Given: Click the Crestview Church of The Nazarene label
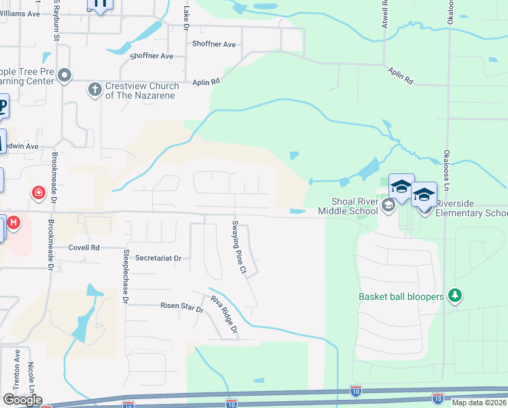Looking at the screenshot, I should click(x=142, y=91).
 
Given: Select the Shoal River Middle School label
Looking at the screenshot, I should click(x=354, y=206).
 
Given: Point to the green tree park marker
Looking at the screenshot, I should click(x=455, y=296).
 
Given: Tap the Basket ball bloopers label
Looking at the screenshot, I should click(x=401, y=296).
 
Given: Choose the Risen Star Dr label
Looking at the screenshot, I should click(x=181, y=307).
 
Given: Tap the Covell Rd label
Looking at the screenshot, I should click(x=84, y=248).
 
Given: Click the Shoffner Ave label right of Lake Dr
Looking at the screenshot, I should click(x=214, y=44).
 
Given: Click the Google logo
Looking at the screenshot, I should click(x=22, y=400).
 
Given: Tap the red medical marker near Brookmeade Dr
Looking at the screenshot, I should click(x=39, y=193).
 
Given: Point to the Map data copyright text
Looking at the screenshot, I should click(x=479, y=403).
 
